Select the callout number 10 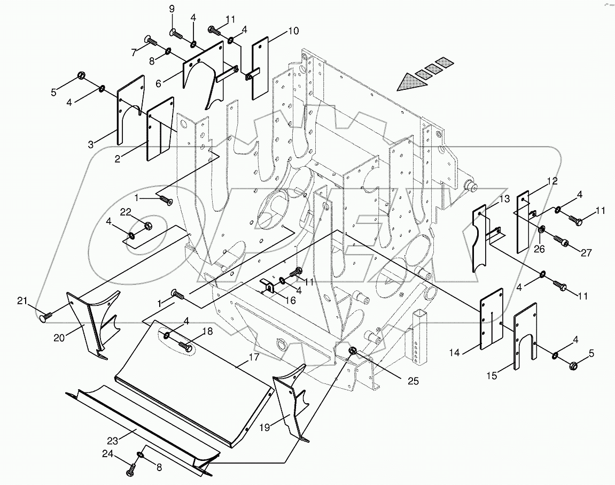(x=293, y=32)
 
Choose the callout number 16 (x=290, y=300)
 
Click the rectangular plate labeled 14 (x=492, y=319)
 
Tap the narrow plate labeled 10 (x=260, y=67)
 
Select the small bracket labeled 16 (x=267, y=287)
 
